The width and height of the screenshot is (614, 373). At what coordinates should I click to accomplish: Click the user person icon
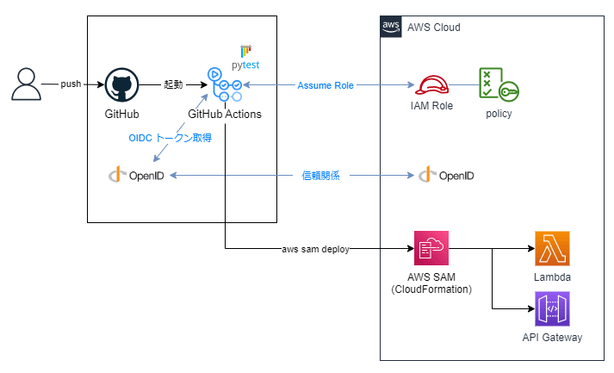pos(27,85)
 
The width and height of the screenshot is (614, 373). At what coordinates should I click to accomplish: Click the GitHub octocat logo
pos(121,85)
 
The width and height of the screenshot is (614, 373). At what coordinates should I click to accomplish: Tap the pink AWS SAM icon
pos(431,249)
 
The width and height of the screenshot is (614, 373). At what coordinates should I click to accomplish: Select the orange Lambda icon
pos(552,249)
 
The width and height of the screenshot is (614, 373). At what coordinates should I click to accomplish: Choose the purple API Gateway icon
pos(552,308)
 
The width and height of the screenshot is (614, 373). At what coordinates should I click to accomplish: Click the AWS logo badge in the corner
pos(391,27)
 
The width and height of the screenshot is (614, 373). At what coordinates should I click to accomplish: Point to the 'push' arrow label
pos(71,85)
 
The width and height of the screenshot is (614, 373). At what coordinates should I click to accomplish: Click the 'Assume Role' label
pos(326,85)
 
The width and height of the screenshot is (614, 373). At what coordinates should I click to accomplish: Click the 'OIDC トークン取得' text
pos(171,138)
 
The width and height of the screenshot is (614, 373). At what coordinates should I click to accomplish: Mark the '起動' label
pos(174,85)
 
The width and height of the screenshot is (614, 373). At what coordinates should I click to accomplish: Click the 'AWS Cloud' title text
pos(434,28)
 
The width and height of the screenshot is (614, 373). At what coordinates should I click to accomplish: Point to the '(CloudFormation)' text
pos(431,290)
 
